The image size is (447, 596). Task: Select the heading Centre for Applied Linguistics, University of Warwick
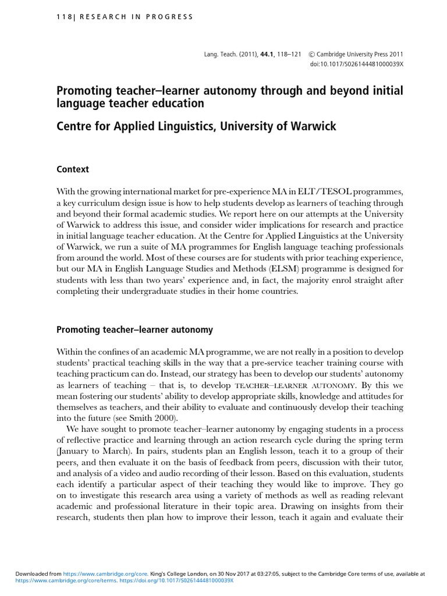[196, 126]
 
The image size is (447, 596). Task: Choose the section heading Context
[73, 169]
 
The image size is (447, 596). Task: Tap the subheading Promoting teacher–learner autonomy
[134, 329]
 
